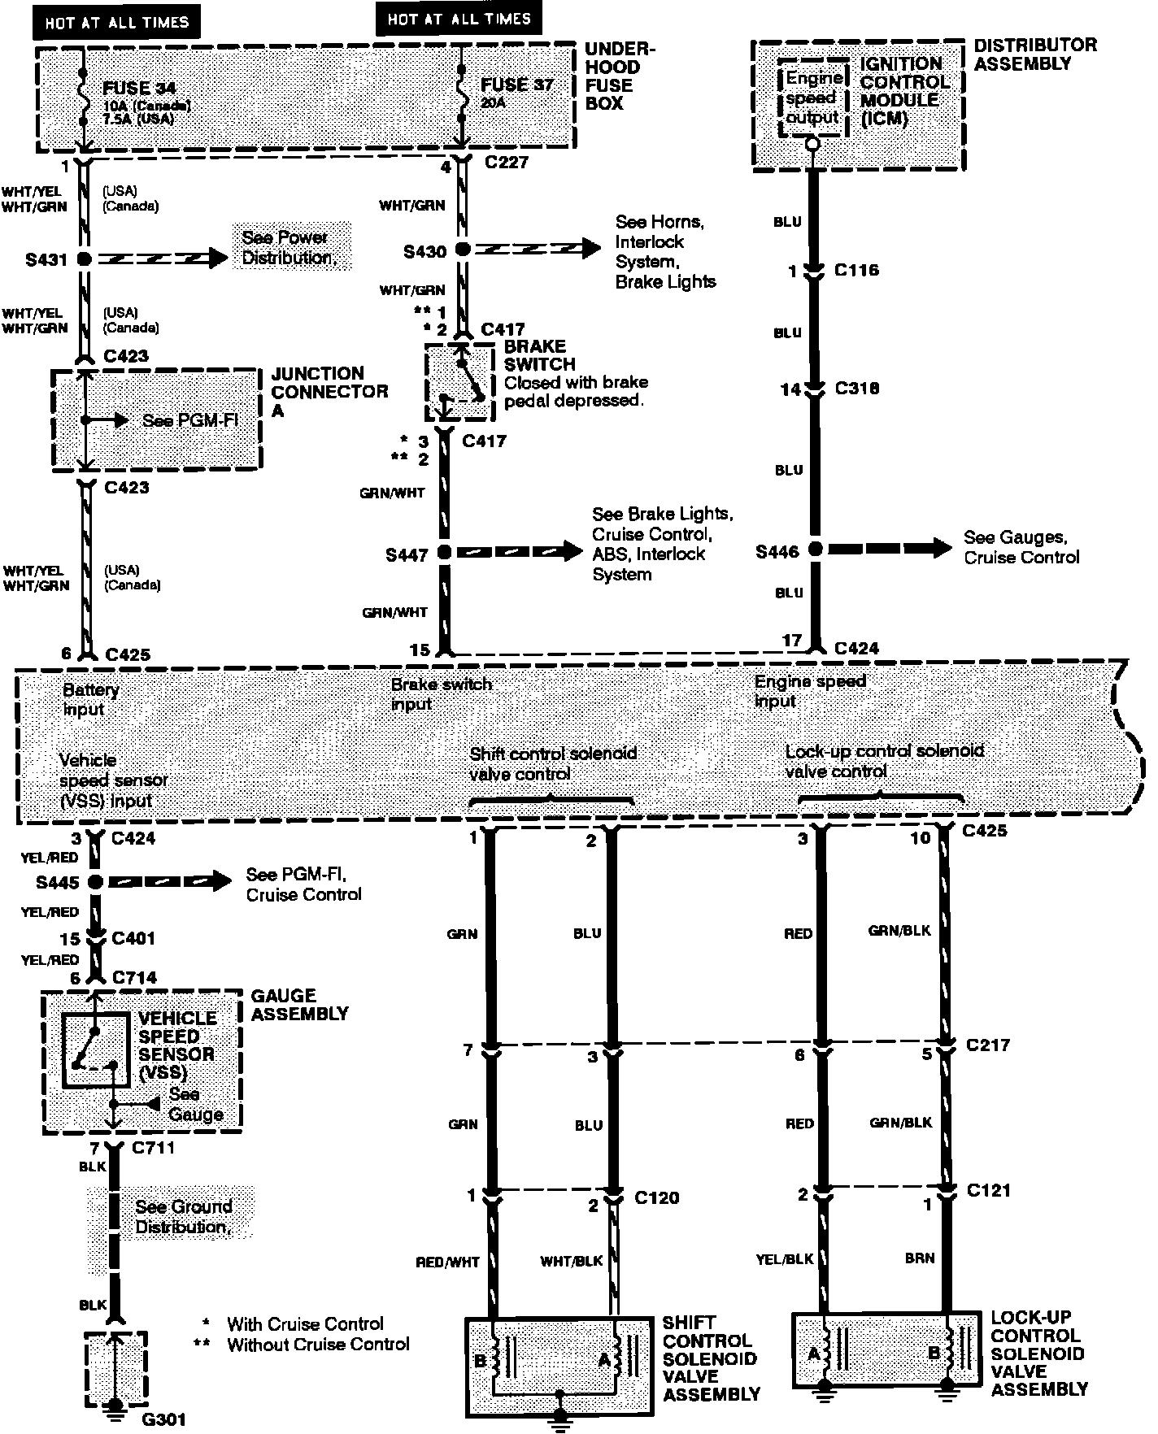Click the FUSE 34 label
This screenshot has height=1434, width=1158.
(139, 88)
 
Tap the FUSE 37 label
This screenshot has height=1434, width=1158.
(516, 85)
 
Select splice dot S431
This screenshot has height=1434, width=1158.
(83, 259)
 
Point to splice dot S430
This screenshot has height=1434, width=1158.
(462, 250)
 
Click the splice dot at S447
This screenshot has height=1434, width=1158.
(444, 553)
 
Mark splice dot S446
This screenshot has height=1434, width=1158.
(814, 550)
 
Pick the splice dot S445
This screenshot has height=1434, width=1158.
(95, 881)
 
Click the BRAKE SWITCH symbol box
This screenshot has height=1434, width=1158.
(459, 382)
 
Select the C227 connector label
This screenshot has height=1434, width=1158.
(507, 163)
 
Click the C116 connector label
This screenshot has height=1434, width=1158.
(856, 270)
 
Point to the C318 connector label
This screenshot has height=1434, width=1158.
(857, 389)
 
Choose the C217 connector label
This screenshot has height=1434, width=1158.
(988, 1045)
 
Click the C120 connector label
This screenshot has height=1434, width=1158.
(656, 1197)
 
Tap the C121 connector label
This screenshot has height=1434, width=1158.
(989, 1190)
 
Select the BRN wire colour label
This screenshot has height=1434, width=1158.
(919, 1258)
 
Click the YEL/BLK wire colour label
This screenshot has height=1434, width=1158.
(785, 1259)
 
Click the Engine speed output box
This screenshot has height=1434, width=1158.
(812, 98)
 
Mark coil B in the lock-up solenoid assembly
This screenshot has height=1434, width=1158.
(934, 1354)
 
